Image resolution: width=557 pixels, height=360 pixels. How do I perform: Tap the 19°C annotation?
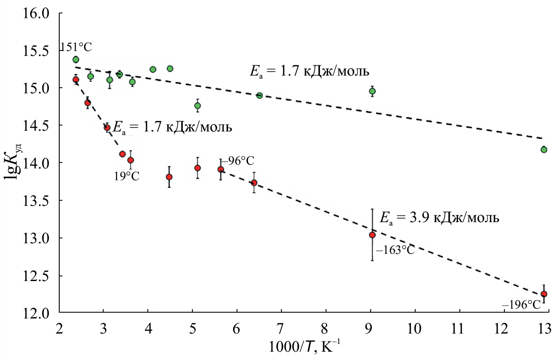tap(127, 176)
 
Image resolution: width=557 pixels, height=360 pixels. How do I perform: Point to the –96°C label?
tap(238, 161)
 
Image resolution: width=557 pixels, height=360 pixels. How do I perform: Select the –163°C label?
tap(395, 250)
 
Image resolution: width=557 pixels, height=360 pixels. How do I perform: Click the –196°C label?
tap(521, 305)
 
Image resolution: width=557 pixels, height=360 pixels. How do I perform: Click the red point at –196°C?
tap(544, 294)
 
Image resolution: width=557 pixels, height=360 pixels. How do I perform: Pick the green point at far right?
tap(544, 150)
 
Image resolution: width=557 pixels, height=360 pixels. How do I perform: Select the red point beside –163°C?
tap(372, 235)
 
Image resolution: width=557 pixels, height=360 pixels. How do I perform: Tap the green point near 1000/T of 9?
tap(372, 91)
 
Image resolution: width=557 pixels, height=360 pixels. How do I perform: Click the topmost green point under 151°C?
tap(76, 60)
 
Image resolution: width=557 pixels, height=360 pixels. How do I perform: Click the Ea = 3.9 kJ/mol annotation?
tap(439, 218)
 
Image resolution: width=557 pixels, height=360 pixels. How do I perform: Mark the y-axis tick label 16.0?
tap(36, 14)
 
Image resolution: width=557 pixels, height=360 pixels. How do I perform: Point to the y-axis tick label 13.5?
tap(36, 201)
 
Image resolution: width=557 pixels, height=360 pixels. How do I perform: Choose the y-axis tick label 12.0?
tap(36, 314)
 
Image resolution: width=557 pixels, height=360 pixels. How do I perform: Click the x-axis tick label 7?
tap(280, 329)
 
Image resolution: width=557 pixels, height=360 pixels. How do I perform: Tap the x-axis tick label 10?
tap(414, 329)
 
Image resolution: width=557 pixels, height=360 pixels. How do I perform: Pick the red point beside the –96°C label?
tap(221, 170)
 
